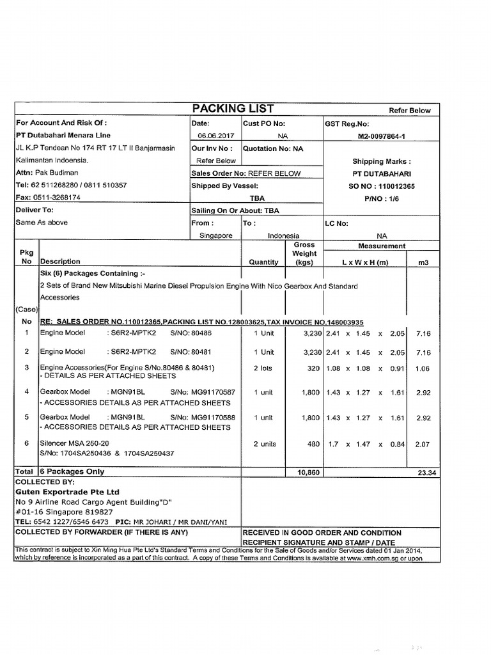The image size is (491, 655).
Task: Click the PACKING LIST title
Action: [233, 108]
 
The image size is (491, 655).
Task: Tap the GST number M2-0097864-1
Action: [382, 136]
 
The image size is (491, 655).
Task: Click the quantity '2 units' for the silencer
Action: [264, 444]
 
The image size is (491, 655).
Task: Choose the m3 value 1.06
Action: [423, 368]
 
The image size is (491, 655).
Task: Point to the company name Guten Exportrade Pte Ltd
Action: [67, 492]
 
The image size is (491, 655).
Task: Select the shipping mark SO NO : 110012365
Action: [382, 185]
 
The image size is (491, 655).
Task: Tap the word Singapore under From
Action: [215, 235]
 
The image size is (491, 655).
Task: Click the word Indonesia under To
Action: [283, 235]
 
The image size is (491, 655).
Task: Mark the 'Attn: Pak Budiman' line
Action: [47, 173]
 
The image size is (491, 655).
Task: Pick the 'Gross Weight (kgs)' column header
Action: [304, 253]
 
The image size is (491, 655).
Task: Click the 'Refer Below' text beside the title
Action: [410, 110]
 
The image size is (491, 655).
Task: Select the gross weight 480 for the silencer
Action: [313, 444]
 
